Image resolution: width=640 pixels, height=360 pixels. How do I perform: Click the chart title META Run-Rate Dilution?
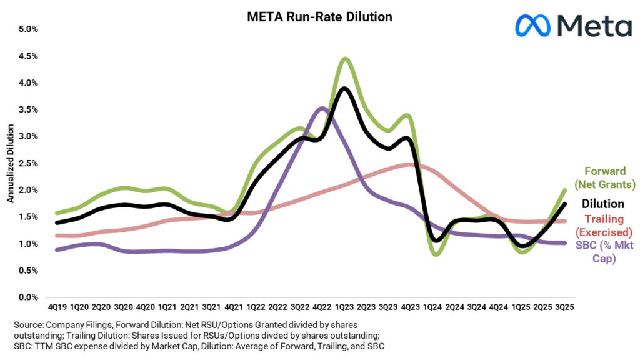(x=319, y=17)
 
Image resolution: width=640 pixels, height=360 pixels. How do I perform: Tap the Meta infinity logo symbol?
(x=532, y=26)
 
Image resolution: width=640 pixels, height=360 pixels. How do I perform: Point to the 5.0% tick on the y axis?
(x=28, y=29)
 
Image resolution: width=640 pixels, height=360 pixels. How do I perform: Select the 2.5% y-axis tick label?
(x=28, y=163)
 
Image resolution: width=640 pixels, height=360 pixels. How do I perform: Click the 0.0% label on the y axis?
(x=28, y=297)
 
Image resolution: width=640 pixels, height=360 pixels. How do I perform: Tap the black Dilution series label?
(x=603, y=204)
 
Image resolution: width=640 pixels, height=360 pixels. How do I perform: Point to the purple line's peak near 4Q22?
(x=322, y=108)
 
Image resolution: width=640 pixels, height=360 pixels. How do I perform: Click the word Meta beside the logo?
(x=594, y=26)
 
